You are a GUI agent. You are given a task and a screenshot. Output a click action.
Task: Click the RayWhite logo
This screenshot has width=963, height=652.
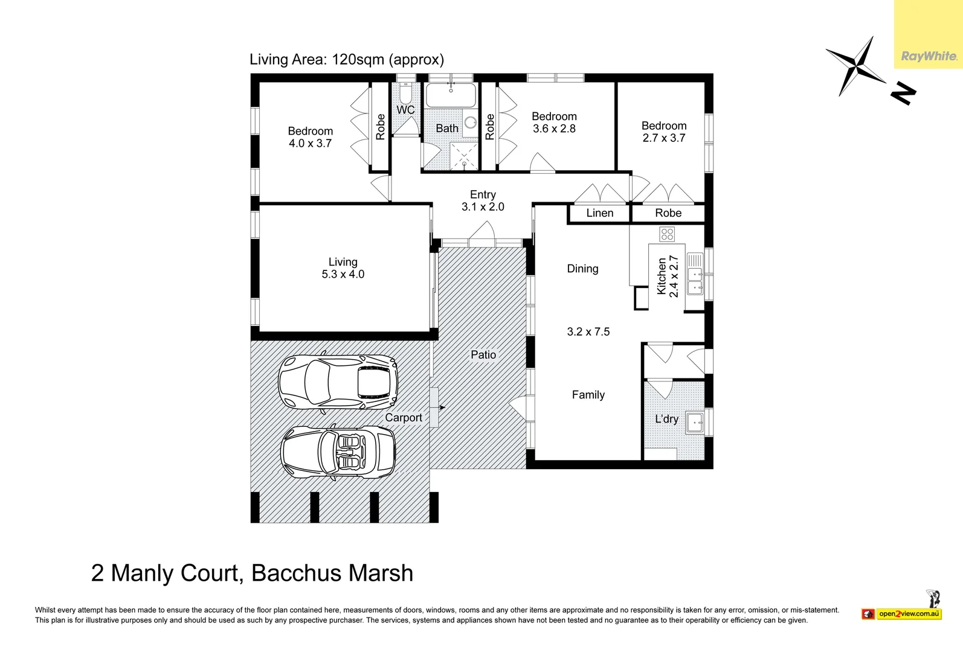(929, 56)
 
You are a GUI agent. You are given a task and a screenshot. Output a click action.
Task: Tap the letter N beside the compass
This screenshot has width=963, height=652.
(903, 94)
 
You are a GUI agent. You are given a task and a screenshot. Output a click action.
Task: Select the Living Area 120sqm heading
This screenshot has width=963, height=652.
(347, 59)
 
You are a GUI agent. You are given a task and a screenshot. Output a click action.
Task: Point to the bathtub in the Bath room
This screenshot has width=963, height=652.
(451, 95)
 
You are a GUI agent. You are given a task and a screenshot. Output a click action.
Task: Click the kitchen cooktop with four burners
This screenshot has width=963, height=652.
(667, 234)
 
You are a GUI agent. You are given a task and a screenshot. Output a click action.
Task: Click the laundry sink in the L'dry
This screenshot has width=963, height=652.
(695, 422)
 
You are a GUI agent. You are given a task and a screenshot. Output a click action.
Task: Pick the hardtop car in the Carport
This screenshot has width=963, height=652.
(338, 382)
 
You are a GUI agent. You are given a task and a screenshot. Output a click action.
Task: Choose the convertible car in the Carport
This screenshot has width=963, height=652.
(338, 452)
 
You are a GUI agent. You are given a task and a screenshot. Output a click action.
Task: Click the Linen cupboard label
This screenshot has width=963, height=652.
(599, 213)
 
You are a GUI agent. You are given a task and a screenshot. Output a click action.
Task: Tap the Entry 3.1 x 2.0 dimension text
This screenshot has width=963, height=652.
(483, 207)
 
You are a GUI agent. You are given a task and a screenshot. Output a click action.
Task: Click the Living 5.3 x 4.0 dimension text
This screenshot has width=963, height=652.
(343, 274)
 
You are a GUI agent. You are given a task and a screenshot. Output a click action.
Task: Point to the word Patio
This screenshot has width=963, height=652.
(483, 355)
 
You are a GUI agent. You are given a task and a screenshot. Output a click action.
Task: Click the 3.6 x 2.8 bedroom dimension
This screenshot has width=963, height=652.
(554, 129)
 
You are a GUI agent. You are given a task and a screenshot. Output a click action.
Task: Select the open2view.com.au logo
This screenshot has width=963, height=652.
(909, 614)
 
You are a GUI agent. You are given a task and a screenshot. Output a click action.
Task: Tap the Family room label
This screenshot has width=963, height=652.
(588, 395)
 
